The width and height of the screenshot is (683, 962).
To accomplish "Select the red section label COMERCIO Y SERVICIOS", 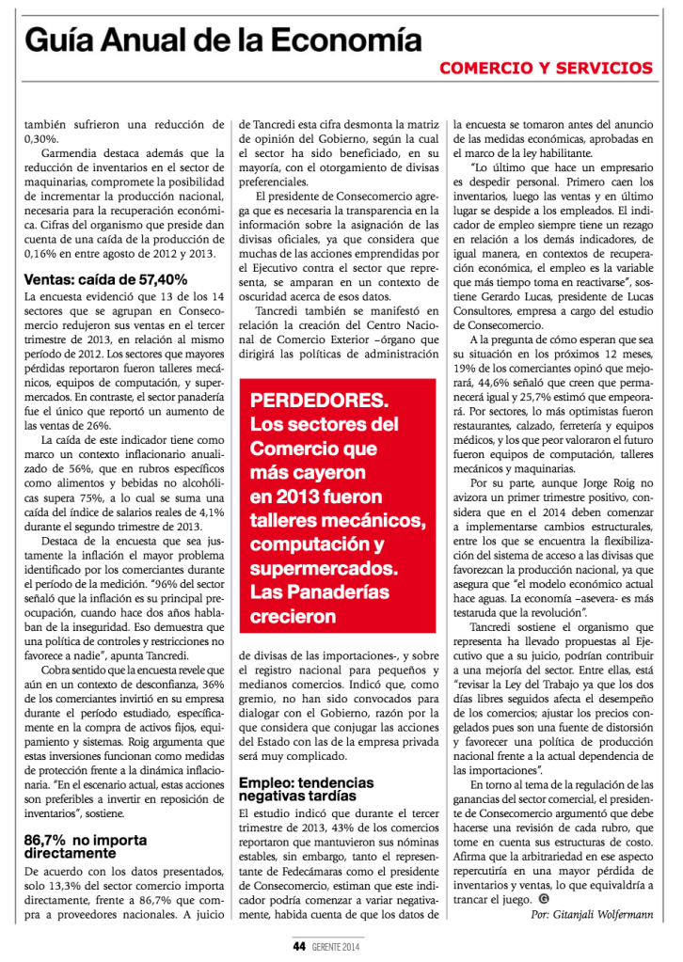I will point(546,69).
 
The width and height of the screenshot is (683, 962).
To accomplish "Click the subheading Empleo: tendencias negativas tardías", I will point(307,788).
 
